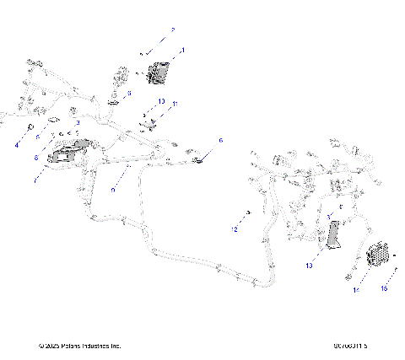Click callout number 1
tap(182, 51)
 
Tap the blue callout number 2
tap(172, 30)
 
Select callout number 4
tap(15, 144)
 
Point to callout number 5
tap(36, 137)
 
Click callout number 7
tap(35, 179)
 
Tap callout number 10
tap(161, 100)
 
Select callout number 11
tap(175, 105)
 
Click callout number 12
tap(235, 228)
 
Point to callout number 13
tap(309, 265)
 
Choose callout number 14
tap(355, 290)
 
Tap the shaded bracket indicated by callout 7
tap(68, 156)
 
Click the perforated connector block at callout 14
tap(381, 250)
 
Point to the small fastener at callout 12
tap(249, 212)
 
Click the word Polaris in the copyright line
tap(77, 346)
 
